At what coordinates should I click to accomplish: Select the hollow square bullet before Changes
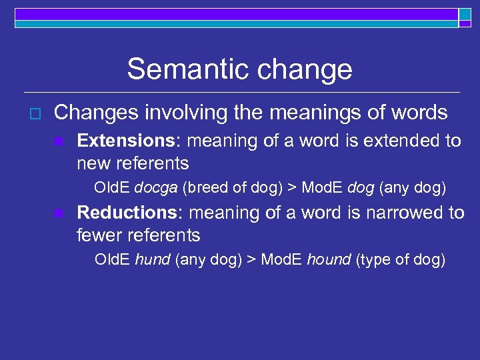(27, 114)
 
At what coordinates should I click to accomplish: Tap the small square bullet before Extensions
(59, 142)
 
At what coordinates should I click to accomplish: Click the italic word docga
(155, 188)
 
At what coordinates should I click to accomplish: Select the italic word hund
(153, 259)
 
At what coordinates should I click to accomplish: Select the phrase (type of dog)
(401, 259)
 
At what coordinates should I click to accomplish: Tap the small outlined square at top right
(464, 15)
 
